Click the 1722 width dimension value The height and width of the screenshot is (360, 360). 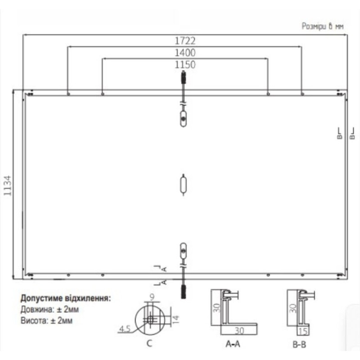[185, 41]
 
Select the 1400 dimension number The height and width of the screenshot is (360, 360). [185, 53]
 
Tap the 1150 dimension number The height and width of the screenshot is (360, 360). [185, 65]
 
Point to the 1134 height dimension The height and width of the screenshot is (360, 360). [8, 185]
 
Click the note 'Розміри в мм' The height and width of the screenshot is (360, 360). [323, 27]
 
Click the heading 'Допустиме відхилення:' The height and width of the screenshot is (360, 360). [66, 298]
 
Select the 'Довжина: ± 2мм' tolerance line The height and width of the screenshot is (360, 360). [49, 310]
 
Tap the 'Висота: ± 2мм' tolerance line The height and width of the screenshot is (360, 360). [46, 320]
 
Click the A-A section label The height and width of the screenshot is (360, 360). [233, 344]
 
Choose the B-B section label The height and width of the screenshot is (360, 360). [299, 345]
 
